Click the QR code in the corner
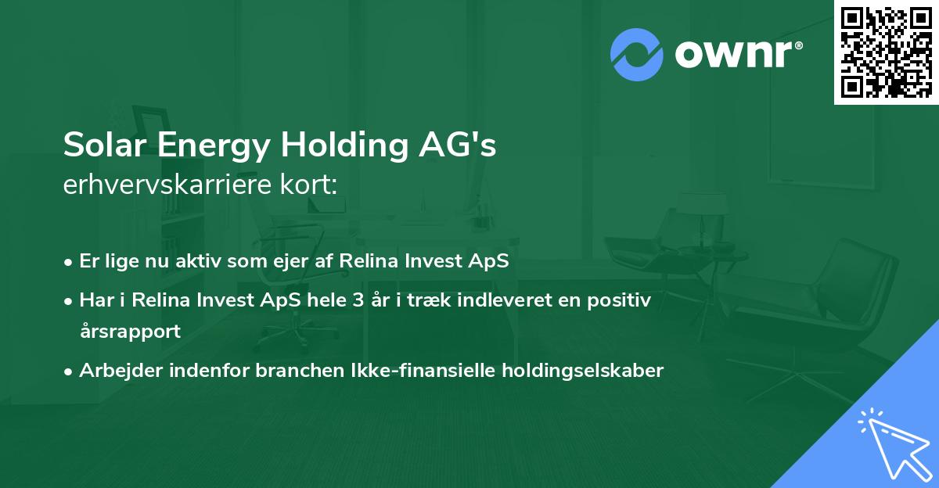click(886, 52)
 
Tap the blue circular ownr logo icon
click(636, 55)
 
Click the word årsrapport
click(130, 332)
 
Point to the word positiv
click(622, 300)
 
